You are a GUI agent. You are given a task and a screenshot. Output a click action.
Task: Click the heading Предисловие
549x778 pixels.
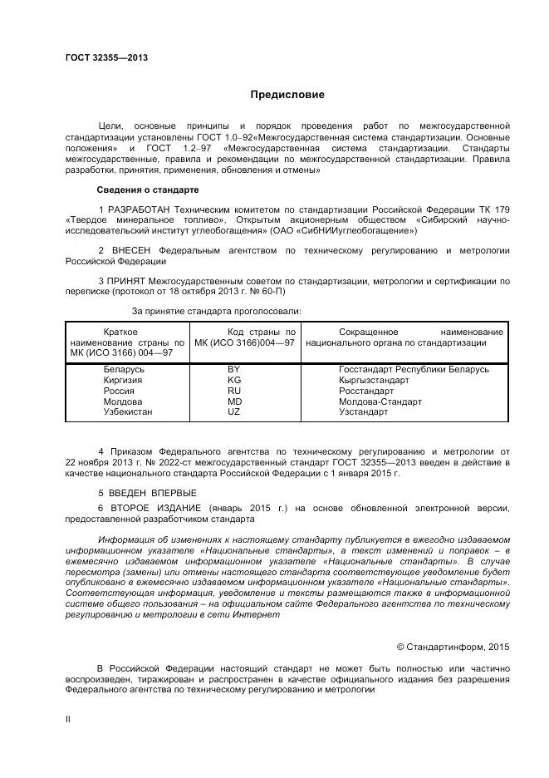click(x=288, y=95)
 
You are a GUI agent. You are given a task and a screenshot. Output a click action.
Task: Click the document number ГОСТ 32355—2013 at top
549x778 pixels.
click(x=106, y=58)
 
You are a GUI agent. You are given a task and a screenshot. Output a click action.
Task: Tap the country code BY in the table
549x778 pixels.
click(x=233, y=369)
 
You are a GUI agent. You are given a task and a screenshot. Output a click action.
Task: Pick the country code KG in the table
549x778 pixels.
click(x=233, y=380)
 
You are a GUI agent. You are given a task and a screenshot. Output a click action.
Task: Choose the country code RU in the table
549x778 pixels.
click(x=233, y=391)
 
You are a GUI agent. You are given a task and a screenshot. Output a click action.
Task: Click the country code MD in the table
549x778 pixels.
click(x=233, y=401)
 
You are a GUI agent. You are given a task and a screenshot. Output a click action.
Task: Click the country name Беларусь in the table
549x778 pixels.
click(x=124, y=369)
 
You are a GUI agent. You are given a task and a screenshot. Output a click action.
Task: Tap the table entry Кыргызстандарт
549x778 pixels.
click(x=374, y=380)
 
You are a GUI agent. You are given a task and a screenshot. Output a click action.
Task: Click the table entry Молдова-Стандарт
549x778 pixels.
click(x=380, y=401)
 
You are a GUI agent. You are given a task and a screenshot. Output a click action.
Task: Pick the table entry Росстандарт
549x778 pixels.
click(x=366, y=391)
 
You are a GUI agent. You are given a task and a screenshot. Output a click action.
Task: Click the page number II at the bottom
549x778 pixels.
click(x=68, y=719)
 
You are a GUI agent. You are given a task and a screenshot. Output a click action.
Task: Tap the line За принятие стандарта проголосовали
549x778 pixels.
click(x=217, y=311)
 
